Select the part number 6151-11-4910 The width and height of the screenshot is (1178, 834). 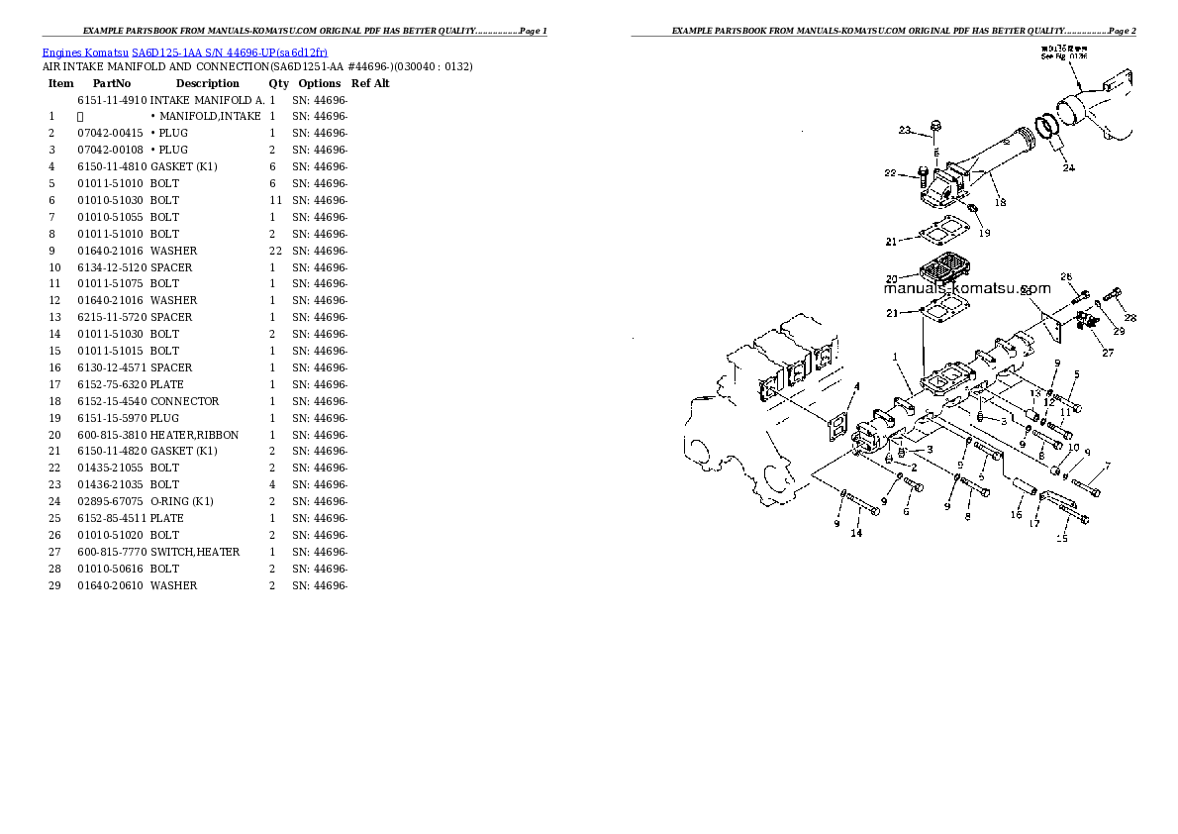[x=111, y=101]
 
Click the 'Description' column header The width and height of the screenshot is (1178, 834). [x=207, y=84]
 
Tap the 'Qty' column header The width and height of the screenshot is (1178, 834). [x=278, y=84]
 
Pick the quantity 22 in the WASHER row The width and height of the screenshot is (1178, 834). [x=275, y=251]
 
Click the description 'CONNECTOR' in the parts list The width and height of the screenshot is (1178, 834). [x=185, y=401]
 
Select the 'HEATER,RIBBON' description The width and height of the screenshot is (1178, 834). [x=194, y=435]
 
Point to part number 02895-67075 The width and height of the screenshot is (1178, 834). [x=111, y=501]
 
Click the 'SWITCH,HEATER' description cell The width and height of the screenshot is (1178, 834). [x=195, y=552]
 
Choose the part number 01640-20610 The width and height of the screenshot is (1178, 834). [x=111, y=585]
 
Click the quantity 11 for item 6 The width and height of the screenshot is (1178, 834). [x=275, y=200]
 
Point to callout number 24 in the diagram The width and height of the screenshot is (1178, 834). [x=1068, y=168]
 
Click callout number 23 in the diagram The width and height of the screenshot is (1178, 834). [x=904, y=130]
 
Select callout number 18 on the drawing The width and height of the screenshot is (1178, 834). [x=1000, y=202]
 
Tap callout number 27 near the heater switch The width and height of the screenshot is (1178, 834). [x=1107, y=353]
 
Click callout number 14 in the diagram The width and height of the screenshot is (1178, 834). [x=856, y=533]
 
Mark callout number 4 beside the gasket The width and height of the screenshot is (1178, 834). [x=856, y=386]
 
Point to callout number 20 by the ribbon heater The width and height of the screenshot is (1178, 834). [x=891, y=278]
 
